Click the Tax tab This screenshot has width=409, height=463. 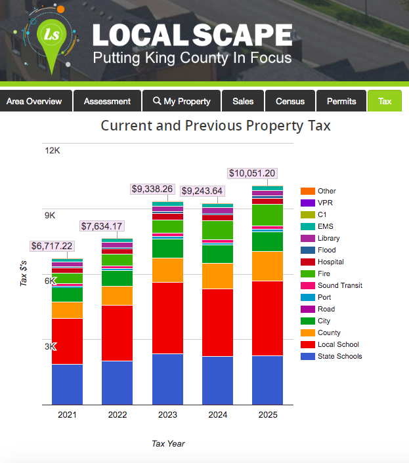pyautogui.click(x=385, y=101)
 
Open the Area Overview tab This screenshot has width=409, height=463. pyautogui.click(x=34, y=101)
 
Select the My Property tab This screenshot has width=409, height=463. pyautogui.click(x=182, y=101)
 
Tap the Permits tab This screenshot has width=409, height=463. pyautogui.click(x=341, y=101)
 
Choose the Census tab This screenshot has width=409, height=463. pyautogui.click(x=290, y=101)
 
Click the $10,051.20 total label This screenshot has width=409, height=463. pyautogui.click(x=252, y=174)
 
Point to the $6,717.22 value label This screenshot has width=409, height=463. pyautogui.click(x=52, y=246)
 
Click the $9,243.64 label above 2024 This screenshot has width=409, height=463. pyautogui.click(x=202, y=191)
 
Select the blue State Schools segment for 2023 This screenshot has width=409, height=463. pyautogui.click(x=167, y=379)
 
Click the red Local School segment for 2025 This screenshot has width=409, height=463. pyautogui.click(x=267, y=318)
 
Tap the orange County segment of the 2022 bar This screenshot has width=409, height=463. pyautogui.click(x=118, y=296)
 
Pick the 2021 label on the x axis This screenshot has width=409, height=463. pyautogui.click(x=67, y=415)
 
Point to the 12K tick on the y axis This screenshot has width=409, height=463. pyautogui.click(x=53, y=150)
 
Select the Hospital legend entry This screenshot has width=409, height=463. pyautogui.click(x=330, y=262)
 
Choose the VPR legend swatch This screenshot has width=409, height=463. pyautogui.click(x=307, y=203)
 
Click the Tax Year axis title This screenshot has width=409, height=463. pyautogui.click(x=168, y=444)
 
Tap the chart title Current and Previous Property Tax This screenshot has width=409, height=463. pyautogui.click(x=215, y=125)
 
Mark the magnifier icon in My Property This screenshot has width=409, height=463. pyautogui.click(x=157, y=101)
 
